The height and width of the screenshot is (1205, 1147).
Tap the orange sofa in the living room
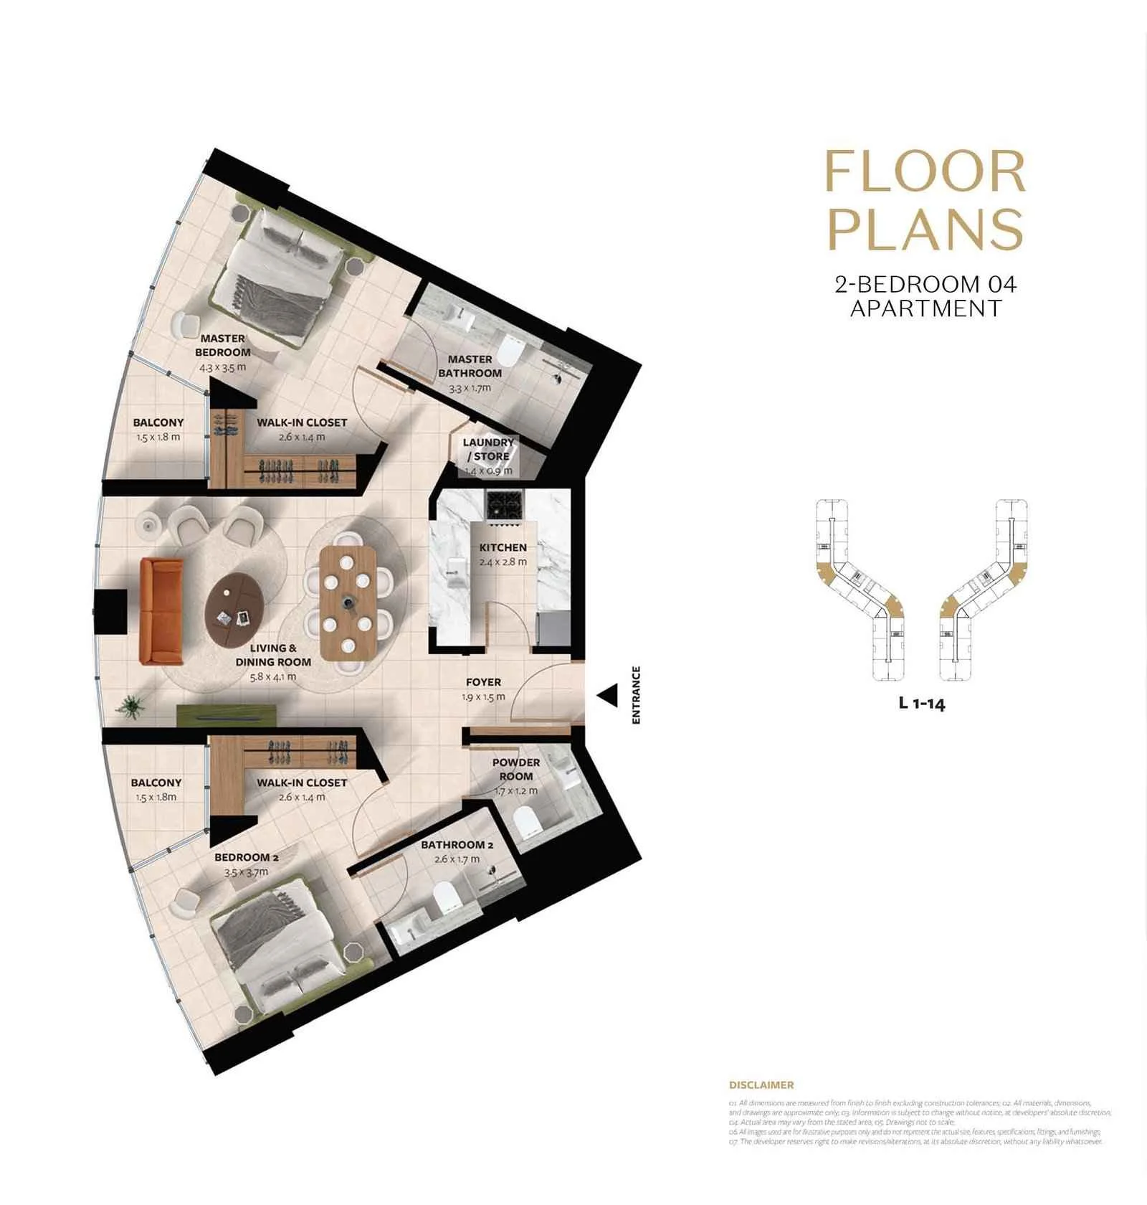point(161,610)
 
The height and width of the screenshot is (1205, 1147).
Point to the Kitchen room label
point(503,547)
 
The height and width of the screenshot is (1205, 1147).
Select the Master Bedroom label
point(222,345)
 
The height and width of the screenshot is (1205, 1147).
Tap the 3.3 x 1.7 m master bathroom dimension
point(470,388)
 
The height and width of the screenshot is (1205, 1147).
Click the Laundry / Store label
point(488,449)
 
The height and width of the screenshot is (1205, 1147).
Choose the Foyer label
point(483,682)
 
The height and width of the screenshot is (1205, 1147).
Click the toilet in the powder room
point(528,820)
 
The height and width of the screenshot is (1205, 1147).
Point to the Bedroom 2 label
point(246,857)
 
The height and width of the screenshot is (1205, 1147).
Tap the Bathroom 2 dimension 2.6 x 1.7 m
point(457,859)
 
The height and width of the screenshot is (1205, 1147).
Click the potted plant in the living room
point(131,706)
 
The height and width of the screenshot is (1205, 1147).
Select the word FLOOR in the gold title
point(925,172)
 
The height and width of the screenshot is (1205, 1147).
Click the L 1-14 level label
point(922,703)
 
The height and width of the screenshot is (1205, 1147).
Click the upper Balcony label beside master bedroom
point(158,422)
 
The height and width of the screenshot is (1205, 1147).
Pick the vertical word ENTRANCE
point(636,694)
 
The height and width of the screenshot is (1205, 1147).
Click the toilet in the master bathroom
point(510,350)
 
